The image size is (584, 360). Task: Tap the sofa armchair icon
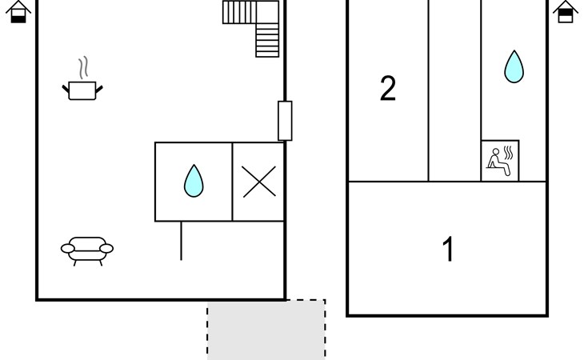[x=87, y=251]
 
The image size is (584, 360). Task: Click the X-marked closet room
[x=258, y=182]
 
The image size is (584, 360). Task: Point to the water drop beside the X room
[x=194, y=181]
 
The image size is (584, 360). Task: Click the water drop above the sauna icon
[x=514, y=66]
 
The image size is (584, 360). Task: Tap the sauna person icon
[x=500, y=161]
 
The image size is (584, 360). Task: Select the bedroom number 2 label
[x=388, y=88]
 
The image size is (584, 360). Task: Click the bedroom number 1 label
[x=449, y=249]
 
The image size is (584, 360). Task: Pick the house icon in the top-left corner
[x=18, y=12]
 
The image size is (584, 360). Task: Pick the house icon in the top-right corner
[x=566, y=12]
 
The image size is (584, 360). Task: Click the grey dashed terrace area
[x=266, y=330]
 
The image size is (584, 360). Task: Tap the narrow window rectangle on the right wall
[x=285, y=121]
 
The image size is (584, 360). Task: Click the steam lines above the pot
[x=83, y=67]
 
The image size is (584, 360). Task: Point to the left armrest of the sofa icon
[x=68, y=249]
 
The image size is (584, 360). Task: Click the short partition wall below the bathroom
[x=181, y=241]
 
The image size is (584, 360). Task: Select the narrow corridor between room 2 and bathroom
[x=454, y=90]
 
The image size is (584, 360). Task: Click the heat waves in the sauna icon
[x=508, y=153]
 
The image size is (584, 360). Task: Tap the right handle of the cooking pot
[x=99, y=90]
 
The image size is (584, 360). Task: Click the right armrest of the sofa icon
[x=106, y=249]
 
